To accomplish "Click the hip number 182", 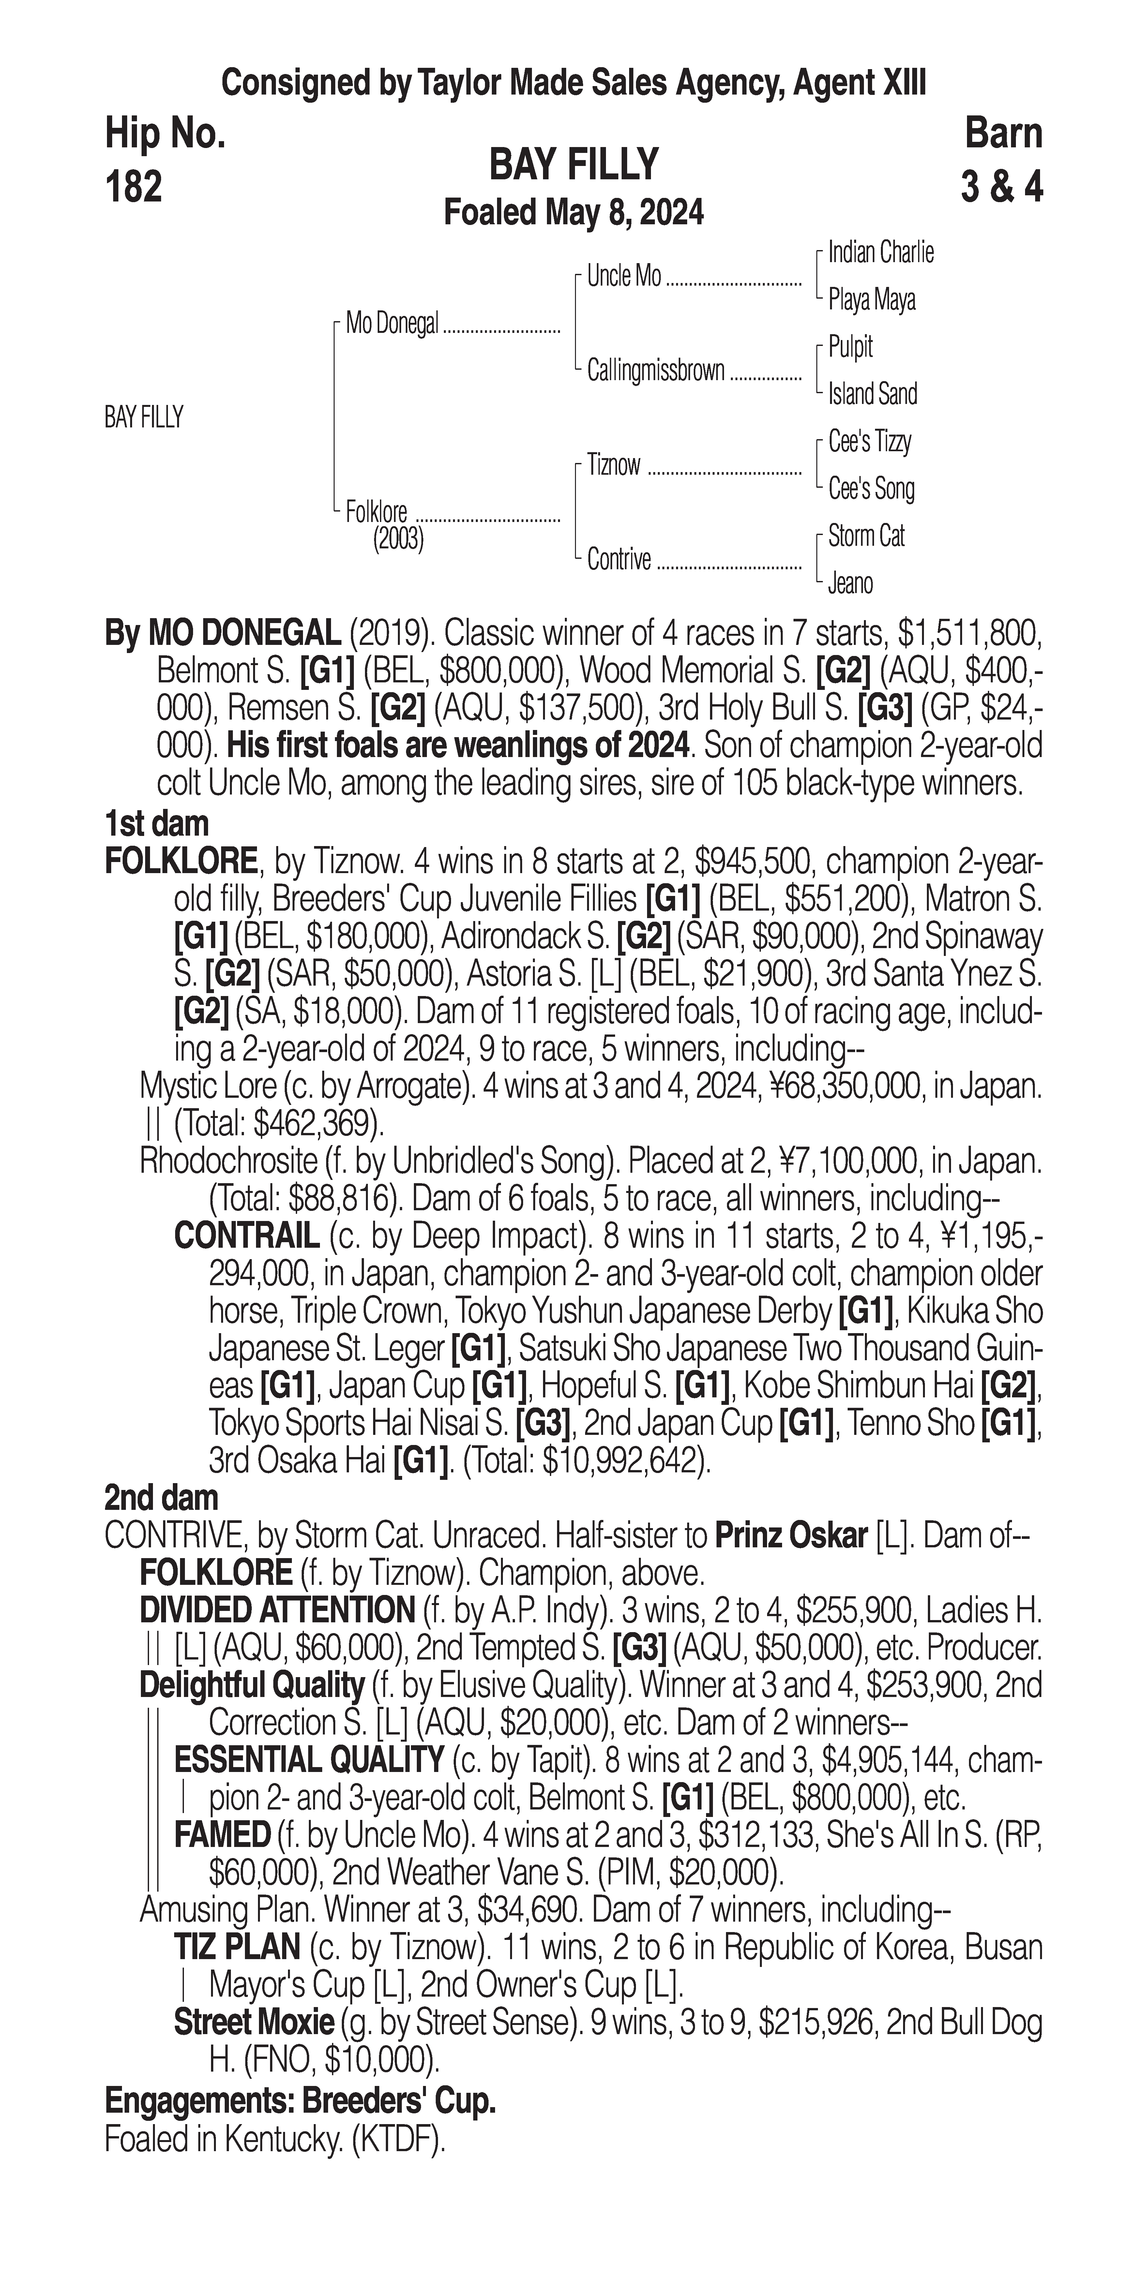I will (133, 187).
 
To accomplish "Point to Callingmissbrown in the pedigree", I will (656, 371).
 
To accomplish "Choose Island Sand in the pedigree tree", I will (872, 394).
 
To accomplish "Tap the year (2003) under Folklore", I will (398, 539).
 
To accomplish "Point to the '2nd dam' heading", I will (161, 1498).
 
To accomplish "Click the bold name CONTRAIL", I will (247, 1236).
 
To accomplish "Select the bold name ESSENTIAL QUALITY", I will (309, 1760).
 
